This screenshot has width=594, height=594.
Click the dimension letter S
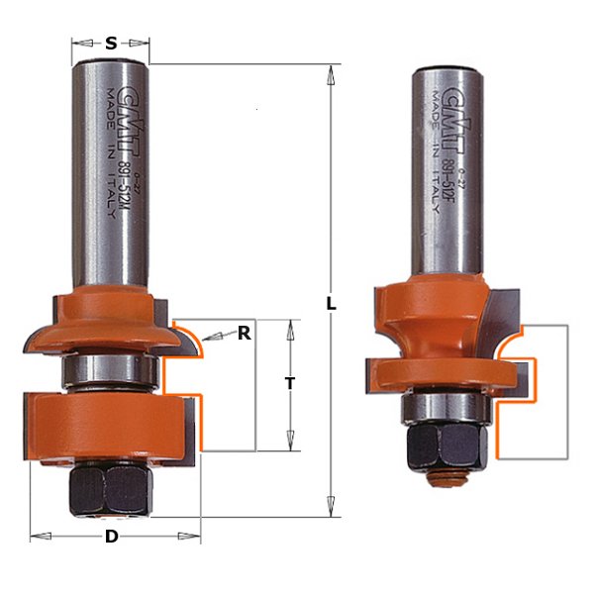pos(111,44)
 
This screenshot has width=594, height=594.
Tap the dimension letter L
pos(332,305)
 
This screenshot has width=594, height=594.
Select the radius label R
pos(244,334)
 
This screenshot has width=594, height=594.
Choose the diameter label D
pos(113,537)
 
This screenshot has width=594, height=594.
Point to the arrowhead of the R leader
pos(211,339)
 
